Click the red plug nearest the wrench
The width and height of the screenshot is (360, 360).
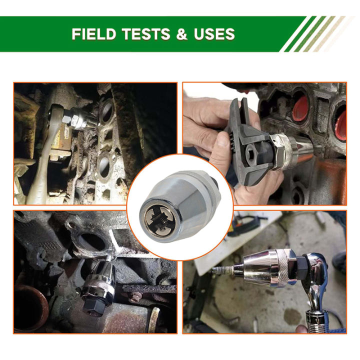[300, 106]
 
